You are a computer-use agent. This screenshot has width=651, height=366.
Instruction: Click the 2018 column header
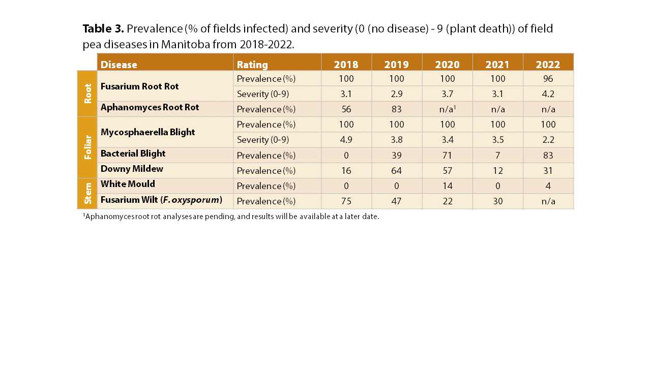[346, 65]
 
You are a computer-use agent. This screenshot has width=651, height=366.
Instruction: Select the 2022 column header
[548, 65]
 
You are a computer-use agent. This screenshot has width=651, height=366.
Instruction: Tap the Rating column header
[252, 65]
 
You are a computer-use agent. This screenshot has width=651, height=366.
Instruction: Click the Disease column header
[119, 65]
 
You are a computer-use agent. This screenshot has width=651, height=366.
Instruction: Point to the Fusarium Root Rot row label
[139, 86]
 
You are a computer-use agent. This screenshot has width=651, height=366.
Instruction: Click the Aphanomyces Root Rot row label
[150, 107]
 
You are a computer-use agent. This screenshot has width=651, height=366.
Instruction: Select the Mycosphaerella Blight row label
[147, 132]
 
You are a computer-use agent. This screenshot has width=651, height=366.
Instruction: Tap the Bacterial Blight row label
[133, 154]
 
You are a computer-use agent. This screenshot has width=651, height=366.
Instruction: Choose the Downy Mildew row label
[132, 168]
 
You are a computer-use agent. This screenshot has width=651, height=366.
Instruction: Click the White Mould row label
[128, 184]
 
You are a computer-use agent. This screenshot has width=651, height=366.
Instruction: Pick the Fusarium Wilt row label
[161, 200]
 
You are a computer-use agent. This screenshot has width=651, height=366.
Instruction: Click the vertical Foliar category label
[88, 147]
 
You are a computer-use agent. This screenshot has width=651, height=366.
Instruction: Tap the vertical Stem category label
[88, 193]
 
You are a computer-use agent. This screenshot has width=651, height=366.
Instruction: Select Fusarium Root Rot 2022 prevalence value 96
[548, 79]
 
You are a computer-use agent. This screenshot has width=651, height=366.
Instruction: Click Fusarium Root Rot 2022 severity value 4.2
[548, 94]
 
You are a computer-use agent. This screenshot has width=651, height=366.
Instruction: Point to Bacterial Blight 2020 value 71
[447, 155]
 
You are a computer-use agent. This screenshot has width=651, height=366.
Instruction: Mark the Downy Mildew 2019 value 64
[397, 170]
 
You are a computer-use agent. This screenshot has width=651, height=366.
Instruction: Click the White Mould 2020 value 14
[447, 186]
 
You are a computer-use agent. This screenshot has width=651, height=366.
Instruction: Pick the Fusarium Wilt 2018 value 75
[346, 201]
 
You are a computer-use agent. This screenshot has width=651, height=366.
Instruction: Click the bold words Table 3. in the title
[103, 28]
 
